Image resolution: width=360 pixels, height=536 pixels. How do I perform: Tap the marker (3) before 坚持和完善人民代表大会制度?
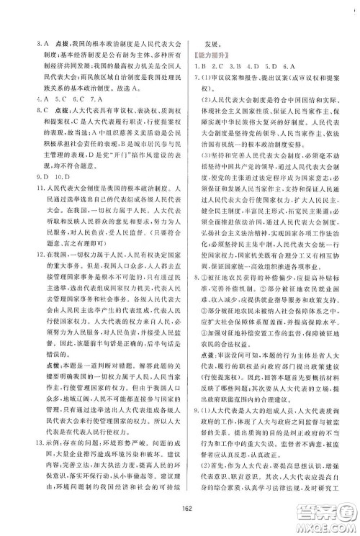[x=212, y=171]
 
